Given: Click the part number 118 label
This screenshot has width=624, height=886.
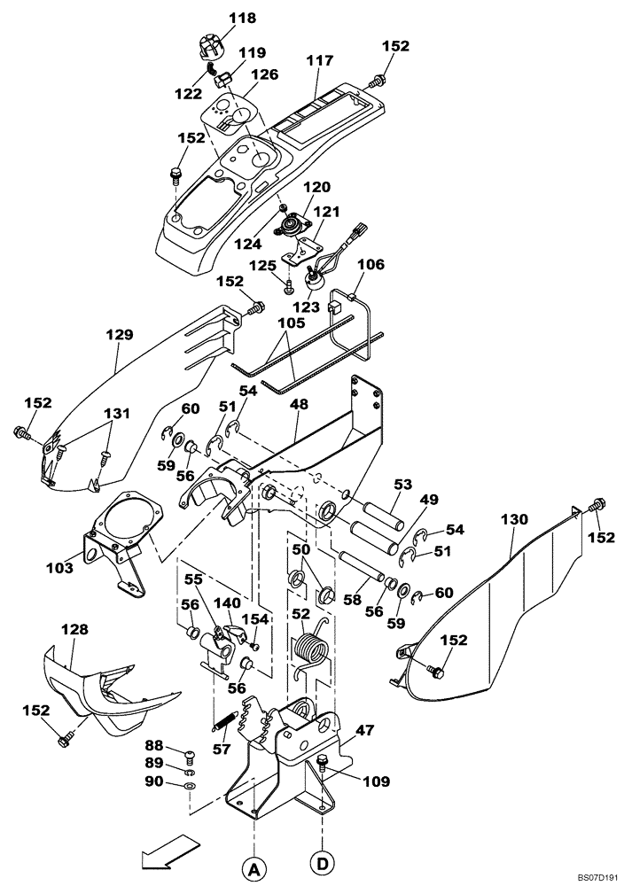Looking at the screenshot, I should click(x=217, y=18).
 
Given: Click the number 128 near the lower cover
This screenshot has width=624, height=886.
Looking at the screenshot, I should click(x=74, y=628).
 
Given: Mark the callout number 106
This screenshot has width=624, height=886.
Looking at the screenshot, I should click(x=370, y=264).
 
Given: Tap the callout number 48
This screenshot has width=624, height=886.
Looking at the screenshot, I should click(x=299, y=404).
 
